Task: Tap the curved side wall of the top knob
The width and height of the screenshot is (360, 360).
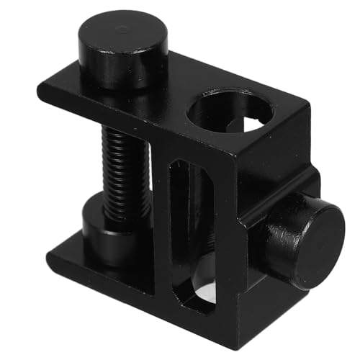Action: pyautogui.click(x=122, y=68)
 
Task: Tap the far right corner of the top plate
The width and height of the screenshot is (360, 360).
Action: pyautogui.click(x=305, y=108)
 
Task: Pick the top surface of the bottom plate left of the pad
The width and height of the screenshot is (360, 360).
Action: pyautogui.click(x=68, y=252)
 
